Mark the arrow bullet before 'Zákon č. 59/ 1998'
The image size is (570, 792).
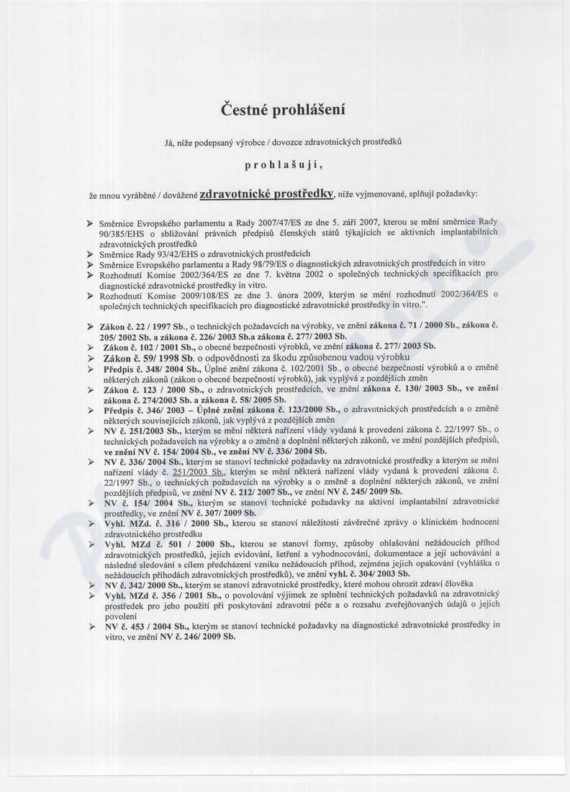coord(91,358)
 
